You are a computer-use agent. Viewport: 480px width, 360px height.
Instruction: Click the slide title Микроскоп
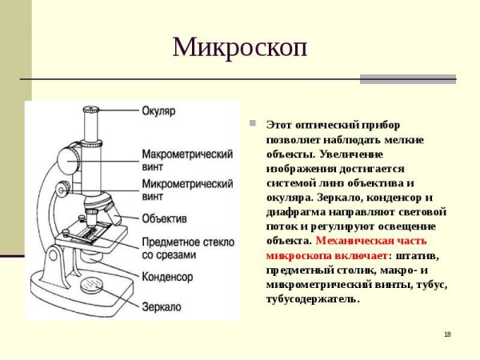coord(240,47)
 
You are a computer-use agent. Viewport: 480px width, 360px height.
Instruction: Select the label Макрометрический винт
coord(187,159)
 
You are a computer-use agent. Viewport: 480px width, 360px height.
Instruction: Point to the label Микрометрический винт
coord(187,190)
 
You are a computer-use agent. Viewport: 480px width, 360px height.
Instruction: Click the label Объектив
coord(165,218)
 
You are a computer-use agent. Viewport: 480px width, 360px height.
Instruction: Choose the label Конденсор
coord(167,276)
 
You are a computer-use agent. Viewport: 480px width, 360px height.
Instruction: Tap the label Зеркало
coord(162,306)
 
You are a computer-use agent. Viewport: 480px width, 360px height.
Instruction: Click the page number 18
coord(447,334)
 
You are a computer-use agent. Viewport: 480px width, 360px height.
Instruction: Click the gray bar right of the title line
coord(407,79)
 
